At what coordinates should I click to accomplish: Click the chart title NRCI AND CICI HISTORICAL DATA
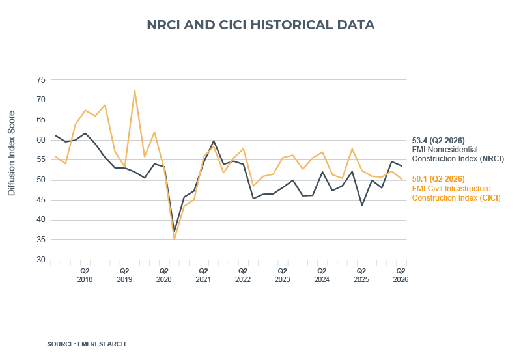click(260, 25)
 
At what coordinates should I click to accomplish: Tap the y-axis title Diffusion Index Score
click(11, 154)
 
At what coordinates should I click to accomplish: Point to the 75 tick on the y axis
click(41, 80)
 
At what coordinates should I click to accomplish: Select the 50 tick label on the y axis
click(41, 180)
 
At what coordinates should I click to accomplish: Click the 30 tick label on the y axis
click(41, 260)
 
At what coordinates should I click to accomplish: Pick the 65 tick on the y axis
click(41, 120)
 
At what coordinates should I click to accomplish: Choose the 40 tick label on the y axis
click(41, 220)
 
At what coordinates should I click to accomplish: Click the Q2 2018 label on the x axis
click(85, 274)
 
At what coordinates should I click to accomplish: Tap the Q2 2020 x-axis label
click(164, 274)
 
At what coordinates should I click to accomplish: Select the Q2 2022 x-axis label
click(243, 274)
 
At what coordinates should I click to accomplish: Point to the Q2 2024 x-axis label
click(322, 274)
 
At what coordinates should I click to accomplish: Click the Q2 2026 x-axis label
click(401, 274)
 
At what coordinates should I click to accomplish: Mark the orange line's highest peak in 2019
click(135, 90)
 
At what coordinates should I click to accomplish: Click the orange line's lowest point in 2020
click(174, 240)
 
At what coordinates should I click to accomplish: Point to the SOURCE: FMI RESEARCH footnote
click(87, 344)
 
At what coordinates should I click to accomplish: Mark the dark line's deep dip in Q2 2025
click(362, 205)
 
